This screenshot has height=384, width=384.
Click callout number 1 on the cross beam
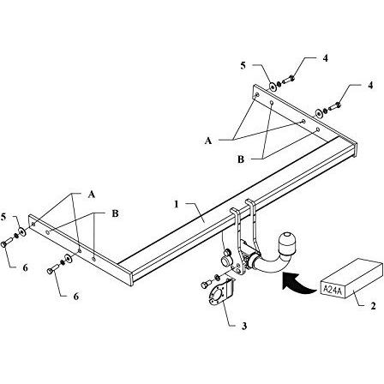tap(177, 205)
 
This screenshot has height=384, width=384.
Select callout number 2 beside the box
tap(373, 307)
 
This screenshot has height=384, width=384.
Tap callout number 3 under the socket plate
tap(243, 326)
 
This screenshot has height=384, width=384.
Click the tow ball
tap(287, 243)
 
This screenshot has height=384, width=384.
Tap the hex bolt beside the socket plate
tap(205, 285)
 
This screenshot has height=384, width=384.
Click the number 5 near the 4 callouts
tap(243, 66)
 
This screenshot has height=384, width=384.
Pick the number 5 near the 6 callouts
tap(3, 217)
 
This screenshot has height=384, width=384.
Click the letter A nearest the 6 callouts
tap(91, 195)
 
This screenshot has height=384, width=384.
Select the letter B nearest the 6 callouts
tap(115, 213)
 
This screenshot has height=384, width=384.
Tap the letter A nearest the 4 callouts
tap(208, 141)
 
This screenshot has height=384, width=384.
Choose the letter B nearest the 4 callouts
tap(241, 159)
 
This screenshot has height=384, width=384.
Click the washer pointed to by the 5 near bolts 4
tap(273, 86)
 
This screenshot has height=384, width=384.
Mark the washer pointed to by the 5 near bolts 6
tap(22, 231)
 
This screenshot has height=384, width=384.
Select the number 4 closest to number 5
tap(326, 58)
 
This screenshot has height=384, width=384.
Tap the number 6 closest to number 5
tap(25, 267)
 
